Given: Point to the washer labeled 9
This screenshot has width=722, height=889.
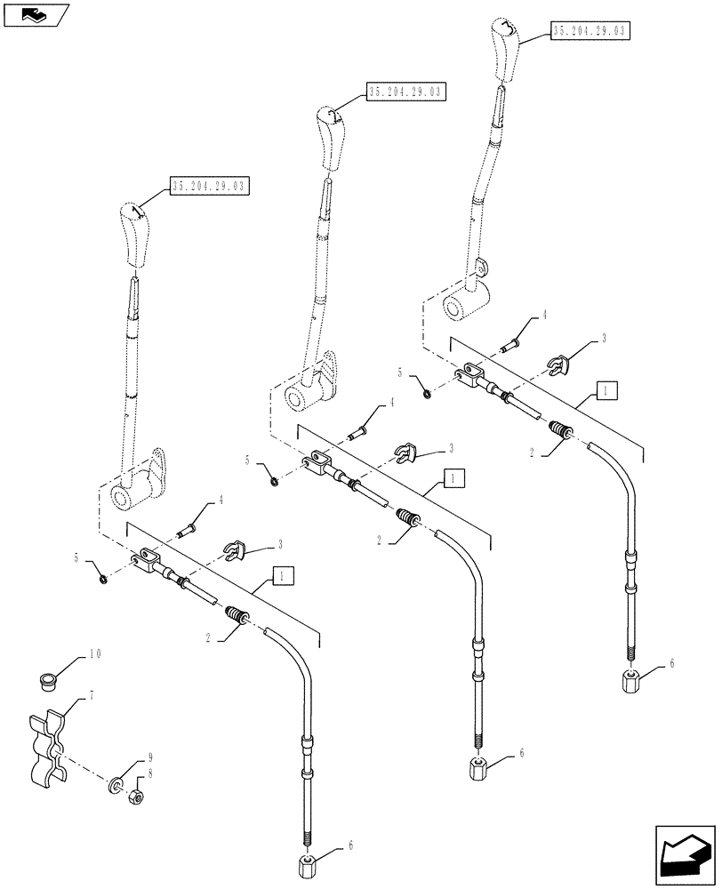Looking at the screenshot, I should pos(116,786).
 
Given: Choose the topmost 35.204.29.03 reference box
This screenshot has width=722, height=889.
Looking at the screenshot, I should pos(589,31).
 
